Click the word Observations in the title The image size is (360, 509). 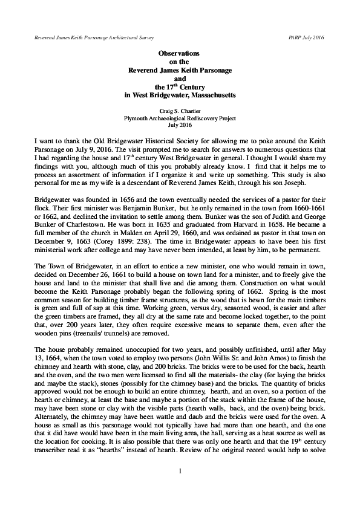coord(180,54)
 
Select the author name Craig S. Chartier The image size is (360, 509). coord(180,111)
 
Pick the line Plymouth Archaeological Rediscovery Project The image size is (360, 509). coord(180,118)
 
